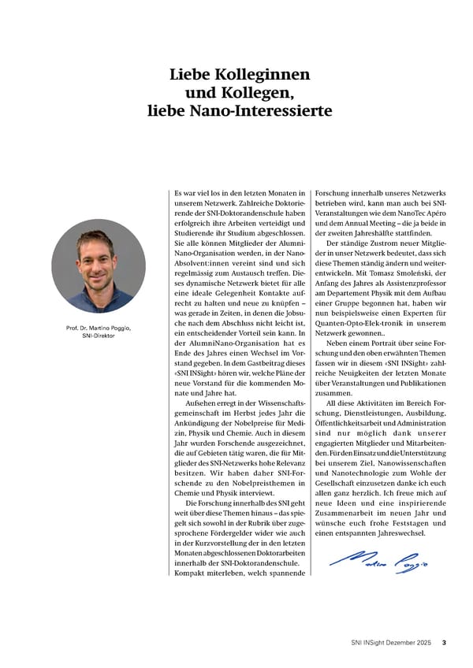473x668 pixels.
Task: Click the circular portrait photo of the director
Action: tap(99, 265)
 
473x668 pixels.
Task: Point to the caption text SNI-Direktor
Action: tap(98, 336)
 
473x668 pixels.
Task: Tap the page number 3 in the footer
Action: tap(444, 643)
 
